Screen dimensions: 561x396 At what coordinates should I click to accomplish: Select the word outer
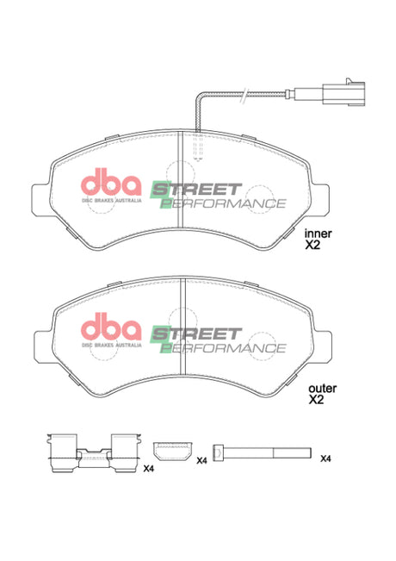pos(321,388)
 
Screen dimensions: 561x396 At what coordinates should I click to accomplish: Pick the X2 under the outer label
pos(316,401)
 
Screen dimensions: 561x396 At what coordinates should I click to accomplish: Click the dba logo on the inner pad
pos(111,184)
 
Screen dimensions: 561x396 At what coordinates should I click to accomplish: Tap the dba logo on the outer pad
pos(111,329)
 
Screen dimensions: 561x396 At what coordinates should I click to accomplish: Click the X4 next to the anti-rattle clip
pos(148,468)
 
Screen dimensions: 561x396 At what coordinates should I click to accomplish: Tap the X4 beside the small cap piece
pos(201,462)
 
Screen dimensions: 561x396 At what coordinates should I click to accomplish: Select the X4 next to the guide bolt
pos(325,458)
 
